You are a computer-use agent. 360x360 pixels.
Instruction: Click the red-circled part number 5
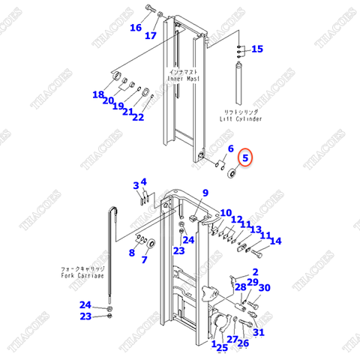(247, 158)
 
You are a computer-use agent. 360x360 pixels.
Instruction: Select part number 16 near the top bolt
(135, 28)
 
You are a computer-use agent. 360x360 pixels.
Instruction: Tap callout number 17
(151, 35)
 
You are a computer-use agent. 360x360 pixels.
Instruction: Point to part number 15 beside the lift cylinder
(256, 49)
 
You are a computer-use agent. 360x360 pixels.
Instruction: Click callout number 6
(230, 148)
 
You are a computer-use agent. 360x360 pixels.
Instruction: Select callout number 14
(275, 241)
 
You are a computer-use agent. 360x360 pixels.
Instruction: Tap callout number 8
(131, 253)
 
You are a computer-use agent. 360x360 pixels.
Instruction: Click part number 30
(264, 288)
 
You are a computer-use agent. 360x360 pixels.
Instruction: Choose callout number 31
(258, 333)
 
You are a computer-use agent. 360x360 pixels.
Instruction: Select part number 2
(255, 271)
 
